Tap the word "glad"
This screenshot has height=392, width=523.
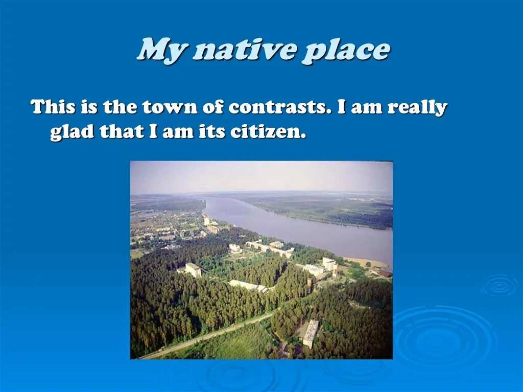click(x=72, y=132)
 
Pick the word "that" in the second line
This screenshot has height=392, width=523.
click(x=122, y=132)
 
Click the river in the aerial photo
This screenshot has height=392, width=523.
click(x=306, y=230)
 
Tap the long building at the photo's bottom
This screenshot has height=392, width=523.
click(x=310, y=333)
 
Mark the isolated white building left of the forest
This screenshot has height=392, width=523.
click(x=193, y=270)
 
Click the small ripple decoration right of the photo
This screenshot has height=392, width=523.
click(x=498, y=286)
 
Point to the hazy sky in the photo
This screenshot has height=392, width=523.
click(x=260, y=176)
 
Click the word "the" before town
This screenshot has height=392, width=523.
click(x=120, y=107)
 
